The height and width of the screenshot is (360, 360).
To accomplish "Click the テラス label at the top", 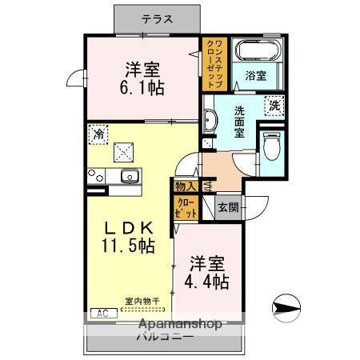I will [x=157, y=18].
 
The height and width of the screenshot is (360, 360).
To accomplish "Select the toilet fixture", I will [x=270, y=146].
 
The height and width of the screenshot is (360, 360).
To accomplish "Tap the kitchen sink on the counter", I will [x=127, y=175].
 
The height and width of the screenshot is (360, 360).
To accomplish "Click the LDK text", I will [x=126, y=228].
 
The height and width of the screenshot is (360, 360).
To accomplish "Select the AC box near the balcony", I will [x=103, y=314].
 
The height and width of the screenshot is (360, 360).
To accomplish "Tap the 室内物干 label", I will [x=142, y=302].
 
